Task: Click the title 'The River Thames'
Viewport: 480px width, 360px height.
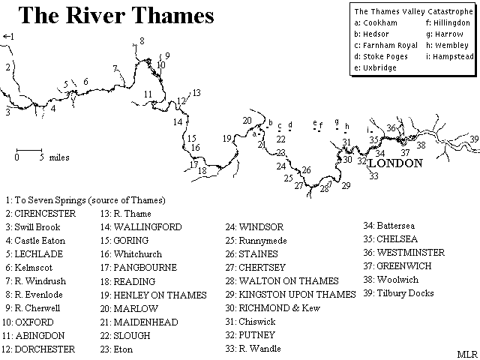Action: pos(116,15)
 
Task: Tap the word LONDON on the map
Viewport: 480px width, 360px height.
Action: pos(395,163)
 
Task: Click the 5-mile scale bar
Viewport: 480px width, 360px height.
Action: pos(29,150)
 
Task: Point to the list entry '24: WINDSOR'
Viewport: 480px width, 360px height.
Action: pos(255,227)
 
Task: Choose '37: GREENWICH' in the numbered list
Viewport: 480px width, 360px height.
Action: pos(397,266)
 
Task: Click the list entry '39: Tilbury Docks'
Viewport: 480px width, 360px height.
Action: pos(398,293)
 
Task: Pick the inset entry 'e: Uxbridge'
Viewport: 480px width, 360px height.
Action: pos(375,68)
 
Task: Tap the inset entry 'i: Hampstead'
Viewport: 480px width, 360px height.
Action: pos(450,57)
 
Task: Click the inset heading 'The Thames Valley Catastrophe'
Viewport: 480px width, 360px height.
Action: pos(414,12)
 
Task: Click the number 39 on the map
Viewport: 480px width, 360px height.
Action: pos(474,139)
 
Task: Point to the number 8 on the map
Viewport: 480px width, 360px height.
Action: pos(142,40)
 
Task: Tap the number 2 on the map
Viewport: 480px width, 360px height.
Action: pos(8,67)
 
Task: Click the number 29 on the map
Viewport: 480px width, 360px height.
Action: pos(346,185)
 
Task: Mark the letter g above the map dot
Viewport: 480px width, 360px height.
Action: pos(337,121)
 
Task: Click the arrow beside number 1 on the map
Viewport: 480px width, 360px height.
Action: pos(5,37)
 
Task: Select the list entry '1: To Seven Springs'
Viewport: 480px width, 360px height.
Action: pos(85,200)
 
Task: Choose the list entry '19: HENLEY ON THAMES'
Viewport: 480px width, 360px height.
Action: pos(153,295)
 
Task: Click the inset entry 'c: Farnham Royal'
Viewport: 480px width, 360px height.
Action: pos(385,45)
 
